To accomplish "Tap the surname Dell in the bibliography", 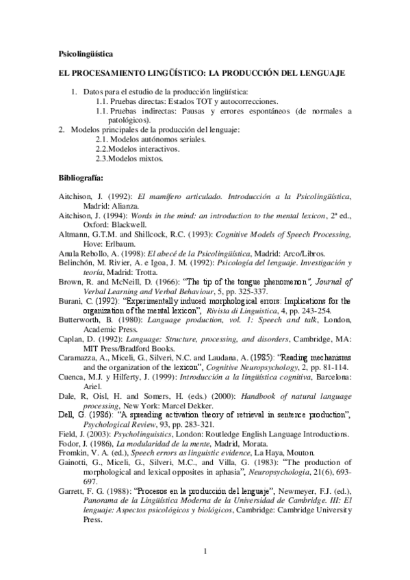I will tap(67, 414).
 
